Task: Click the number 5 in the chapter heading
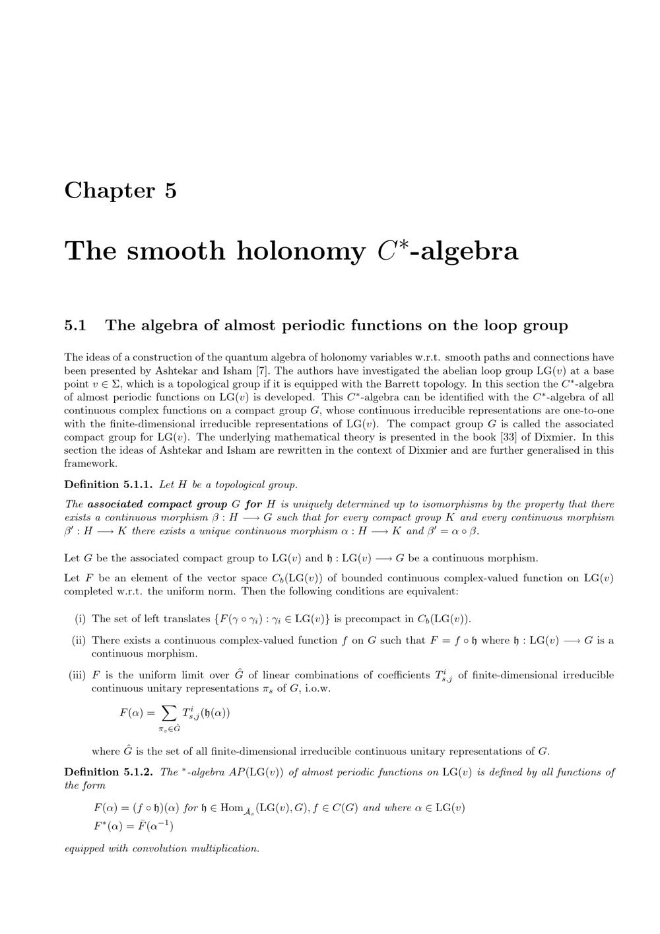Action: point(170,190)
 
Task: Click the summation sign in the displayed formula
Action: point(169,713)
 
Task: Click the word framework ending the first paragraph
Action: point(90,463)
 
